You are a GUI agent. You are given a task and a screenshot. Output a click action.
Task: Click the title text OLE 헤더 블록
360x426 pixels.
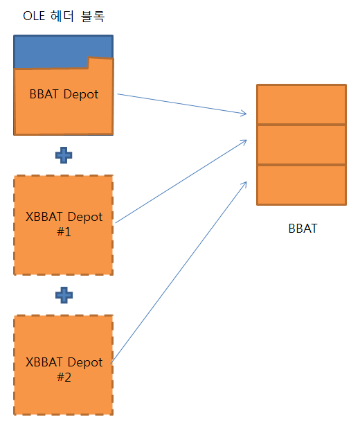[64, 17]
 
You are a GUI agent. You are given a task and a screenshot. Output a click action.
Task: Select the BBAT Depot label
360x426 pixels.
[64, 94]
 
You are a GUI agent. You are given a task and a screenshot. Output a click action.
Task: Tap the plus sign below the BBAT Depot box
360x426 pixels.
[64, 155]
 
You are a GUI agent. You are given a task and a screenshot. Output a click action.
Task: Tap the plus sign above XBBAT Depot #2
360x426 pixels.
[64, 295]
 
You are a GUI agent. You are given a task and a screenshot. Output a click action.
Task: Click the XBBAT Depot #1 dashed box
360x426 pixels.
[64, 225]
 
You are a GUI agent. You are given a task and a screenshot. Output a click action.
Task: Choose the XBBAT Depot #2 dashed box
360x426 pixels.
[64, 365]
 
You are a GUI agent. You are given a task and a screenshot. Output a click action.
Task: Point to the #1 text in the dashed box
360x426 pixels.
[64, 232]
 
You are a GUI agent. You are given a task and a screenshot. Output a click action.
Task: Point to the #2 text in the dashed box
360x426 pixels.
[64, 377]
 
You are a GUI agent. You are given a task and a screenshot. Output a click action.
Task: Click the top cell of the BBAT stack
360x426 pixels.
[301, 105]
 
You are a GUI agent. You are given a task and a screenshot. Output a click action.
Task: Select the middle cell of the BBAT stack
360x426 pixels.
[301, 145]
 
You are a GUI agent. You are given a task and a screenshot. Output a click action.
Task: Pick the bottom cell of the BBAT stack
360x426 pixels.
[301, 185]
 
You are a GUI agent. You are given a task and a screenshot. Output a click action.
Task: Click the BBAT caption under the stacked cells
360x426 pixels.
[303, 229]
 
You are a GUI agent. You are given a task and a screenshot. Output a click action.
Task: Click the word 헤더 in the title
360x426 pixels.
[62, 17]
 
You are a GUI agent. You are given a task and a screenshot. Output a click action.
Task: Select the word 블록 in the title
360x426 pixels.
[93, 17]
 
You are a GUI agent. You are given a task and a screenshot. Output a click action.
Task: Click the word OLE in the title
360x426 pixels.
[34, 17]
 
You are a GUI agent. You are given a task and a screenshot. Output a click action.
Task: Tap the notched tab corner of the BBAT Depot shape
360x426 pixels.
[89, 57]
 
